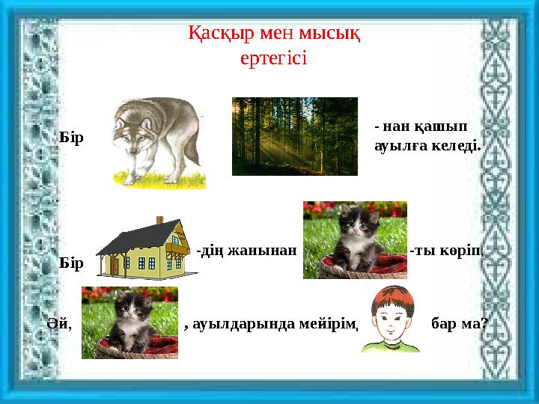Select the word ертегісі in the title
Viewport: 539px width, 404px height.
(274, 58)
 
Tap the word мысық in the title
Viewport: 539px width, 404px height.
(329, 34)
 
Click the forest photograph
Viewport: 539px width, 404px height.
(294, 135)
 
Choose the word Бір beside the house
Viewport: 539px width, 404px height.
(71, 263)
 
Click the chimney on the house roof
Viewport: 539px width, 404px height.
(159, 220)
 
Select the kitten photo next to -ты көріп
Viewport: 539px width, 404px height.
(354, 239)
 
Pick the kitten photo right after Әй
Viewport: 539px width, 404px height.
(130, 322)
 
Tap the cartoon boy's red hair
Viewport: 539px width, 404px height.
(388, 298)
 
